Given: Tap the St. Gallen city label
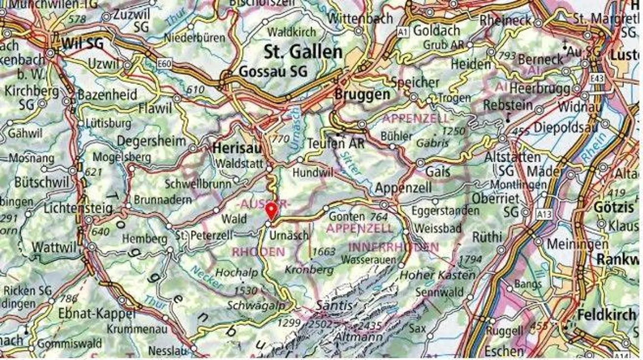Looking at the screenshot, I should [303, 52].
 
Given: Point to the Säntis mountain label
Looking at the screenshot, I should [334, 306].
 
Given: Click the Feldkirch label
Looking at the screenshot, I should [607, 314].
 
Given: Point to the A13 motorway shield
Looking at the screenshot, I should [544, 215].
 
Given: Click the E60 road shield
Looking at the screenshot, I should [164, 64].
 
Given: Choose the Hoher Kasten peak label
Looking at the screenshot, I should [437, 275].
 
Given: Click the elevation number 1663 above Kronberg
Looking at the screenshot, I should [324, 252].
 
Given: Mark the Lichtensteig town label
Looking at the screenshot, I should [78, 209].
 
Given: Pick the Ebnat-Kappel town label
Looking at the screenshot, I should [96, 314].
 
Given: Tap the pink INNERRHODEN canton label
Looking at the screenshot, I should [393, 247].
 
